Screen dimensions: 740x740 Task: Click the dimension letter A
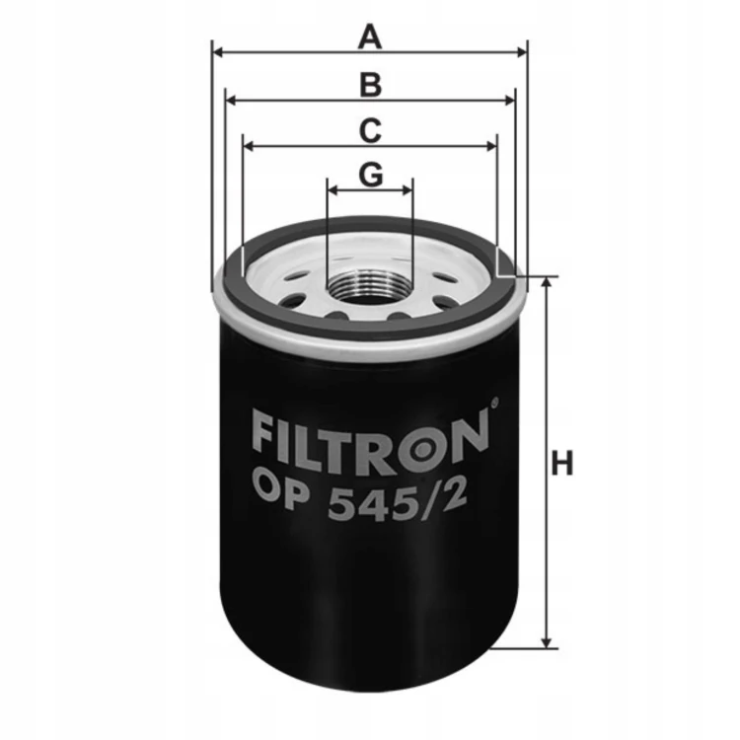pos(370,37)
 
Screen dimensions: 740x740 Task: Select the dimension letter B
pos(370,85)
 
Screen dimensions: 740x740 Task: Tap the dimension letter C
pos(370,130)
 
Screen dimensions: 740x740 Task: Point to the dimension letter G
pos(371,175)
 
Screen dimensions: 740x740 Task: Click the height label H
pos(562,463)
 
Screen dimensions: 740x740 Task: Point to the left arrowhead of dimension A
pos(218,52)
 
